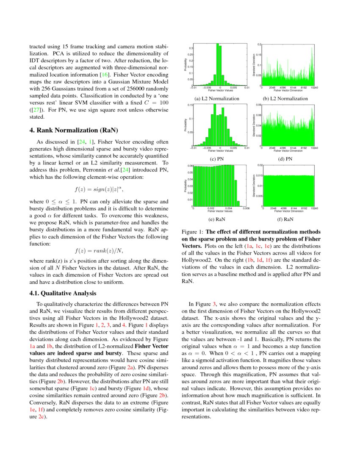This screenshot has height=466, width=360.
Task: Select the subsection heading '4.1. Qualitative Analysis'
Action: (63, 293)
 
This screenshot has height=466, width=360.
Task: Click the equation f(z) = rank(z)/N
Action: (99, 250)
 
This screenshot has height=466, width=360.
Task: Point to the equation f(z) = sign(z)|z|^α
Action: (98, 189)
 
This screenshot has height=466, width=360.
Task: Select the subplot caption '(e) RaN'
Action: (217, 219)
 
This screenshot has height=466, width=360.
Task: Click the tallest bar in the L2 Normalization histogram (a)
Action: (218, 64)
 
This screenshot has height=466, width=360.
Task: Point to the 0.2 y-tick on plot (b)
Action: (259, 44)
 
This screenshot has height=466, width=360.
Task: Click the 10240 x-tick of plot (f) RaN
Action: (314, 208)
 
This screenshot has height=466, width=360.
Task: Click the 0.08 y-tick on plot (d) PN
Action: (259, 104)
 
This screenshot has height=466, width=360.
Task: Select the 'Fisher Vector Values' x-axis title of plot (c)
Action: (220, 150)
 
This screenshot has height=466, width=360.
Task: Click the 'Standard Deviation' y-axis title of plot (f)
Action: (254, 186)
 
